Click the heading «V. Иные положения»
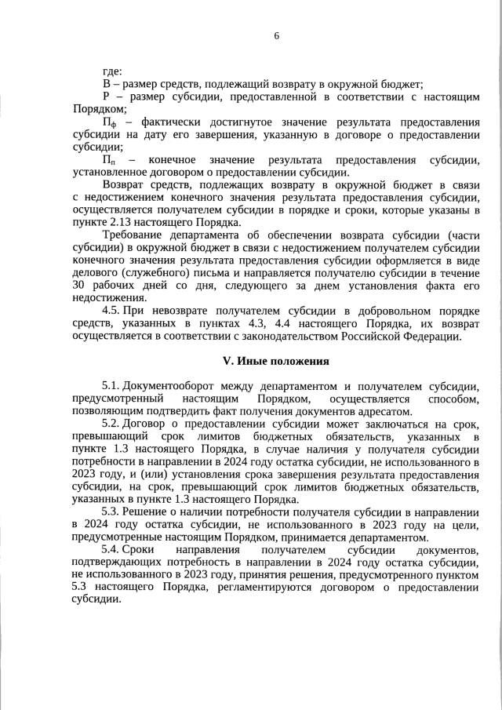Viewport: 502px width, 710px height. pyautogui.click(x=276, y=362)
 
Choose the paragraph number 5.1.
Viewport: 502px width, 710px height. pyautogui.click(x=111, y=387)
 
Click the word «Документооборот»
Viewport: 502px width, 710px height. pyautogui.click(x=171, y=387)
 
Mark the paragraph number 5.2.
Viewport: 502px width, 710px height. pyautogui.click(x=111, y=424)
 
